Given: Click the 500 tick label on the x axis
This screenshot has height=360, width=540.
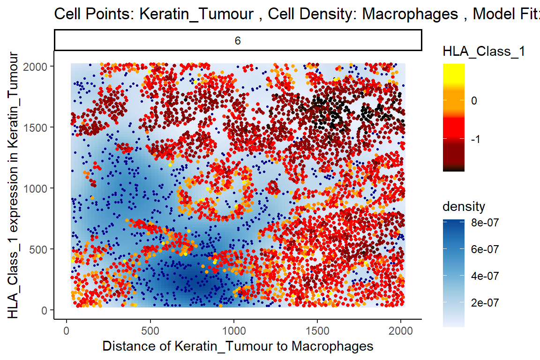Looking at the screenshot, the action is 150,331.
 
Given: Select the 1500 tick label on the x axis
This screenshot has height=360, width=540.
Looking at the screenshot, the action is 317,331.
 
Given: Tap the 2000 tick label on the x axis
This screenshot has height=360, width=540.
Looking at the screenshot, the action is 401,331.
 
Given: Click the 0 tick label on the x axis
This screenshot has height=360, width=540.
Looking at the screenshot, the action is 67,331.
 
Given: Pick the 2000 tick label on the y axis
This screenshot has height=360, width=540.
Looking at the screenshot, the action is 35,67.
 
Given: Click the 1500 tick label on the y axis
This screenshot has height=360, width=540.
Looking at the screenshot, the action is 35,127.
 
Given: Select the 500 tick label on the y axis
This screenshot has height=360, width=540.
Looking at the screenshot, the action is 38,249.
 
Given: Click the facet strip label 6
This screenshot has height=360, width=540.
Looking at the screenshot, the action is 238,41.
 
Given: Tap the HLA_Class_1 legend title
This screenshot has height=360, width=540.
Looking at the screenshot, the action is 484,52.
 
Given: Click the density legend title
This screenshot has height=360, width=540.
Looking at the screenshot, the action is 464,207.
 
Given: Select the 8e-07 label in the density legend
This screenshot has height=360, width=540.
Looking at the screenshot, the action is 485,223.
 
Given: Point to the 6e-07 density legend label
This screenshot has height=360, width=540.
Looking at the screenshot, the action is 485,249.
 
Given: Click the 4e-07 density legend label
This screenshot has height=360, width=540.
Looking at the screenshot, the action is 485,276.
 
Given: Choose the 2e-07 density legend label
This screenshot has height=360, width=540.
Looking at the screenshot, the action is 485,303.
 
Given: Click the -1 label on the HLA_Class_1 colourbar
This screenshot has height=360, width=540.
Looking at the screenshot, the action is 476,139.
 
